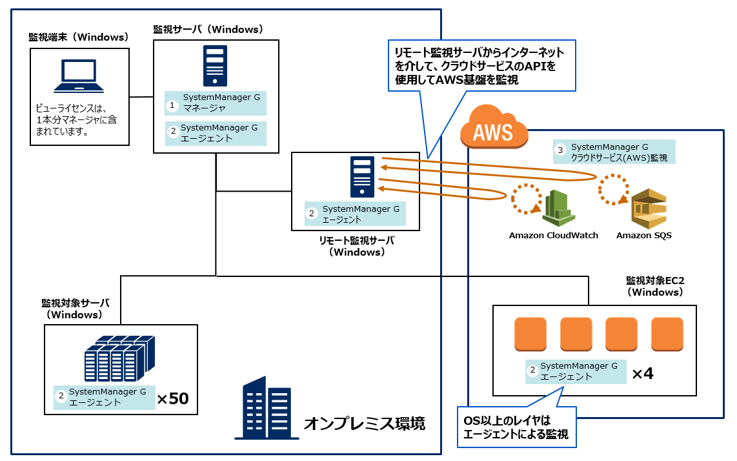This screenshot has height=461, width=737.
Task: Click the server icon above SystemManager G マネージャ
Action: [215, 66]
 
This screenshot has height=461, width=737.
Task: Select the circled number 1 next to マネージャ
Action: [172, 103]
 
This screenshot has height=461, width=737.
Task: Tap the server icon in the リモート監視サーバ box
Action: [362, 177]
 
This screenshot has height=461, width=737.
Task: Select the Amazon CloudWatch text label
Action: [553, 236]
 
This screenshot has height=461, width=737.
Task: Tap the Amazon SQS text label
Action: [643, 236]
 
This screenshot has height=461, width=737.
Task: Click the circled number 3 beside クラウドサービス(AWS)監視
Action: [560, 151]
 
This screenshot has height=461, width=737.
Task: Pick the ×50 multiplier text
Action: [173, 399]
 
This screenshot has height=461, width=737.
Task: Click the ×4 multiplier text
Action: [642, 373]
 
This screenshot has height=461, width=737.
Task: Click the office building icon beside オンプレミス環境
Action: [267, 408]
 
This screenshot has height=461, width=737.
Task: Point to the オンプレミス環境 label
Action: [364, 424]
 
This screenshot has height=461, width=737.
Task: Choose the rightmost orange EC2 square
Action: [667, 334]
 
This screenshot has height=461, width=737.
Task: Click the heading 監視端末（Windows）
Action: [79, 37]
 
